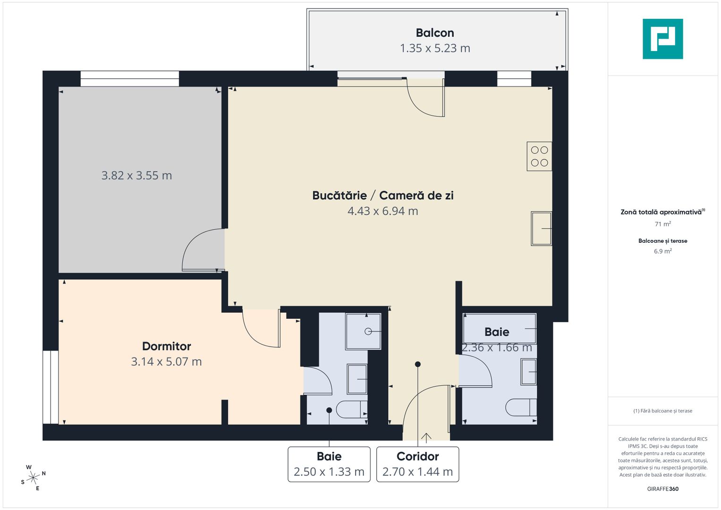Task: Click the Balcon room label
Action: [x=435, y=33]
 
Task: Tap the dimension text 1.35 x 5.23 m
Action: [x=435, y=48]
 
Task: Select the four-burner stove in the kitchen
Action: [x=539, y=156]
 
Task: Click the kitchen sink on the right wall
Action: [x=541, y=229]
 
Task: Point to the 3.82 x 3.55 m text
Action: [x=136, y=176]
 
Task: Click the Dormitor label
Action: [x=166, y=346]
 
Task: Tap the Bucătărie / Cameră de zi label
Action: [x=382, y=195]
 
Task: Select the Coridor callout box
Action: [x=417, y=464]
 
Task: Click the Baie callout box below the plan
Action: [x=329, y=464]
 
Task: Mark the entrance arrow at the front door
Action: [x=426, y=438]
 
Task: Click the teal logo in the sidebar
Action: [x=662, y=39]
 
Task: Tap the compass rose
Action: [x=33, y=478]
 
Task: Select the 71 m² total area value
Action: [x=662, y=224]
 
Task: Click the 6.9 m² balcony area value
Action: [x=662, y=251]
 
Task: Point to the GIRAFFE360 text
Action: [x=662, y=489]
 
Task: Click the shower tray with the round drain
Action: [x=363, y=331]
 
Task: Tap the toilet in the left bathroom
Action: [x=352, y=409]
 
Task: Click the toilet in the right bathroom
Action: [x=521, y=408]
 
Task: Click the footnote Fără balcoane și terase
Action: [x=662, y=411]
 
